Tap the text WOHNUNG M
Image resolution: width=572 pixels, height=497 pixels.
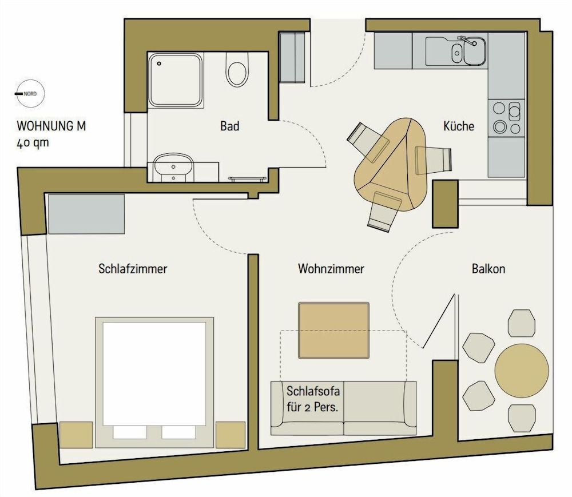(52, 126)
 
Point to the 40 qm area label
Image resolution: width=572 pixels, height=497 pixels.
(33, 143)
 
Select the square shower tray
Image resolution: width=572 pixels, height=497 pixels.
(176, 80)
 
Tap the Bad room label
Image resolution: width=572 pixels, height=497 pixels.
(230, 126)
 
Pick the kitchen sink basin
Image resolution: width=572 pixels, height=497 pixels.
(474, 52)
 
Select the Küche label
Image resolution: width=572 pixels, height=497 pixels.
(459, 126)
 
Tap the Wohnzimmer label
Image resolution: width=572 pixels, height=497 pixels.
(331, 268)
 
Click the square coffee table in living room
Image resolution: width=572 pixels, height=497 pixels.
(334, 331)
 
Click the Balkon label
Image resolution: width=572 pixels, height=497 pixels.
(488, 268)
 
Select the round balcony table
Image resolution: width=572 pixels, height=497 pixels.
(522, 369)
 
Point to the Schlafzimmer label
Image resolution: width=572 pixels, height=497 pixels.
(133, 268)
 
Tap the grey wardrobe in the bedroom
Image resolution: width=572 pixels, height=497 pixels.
(86, 214)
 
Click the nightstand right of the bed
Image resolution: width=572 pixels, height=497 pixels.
(227, 435)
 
